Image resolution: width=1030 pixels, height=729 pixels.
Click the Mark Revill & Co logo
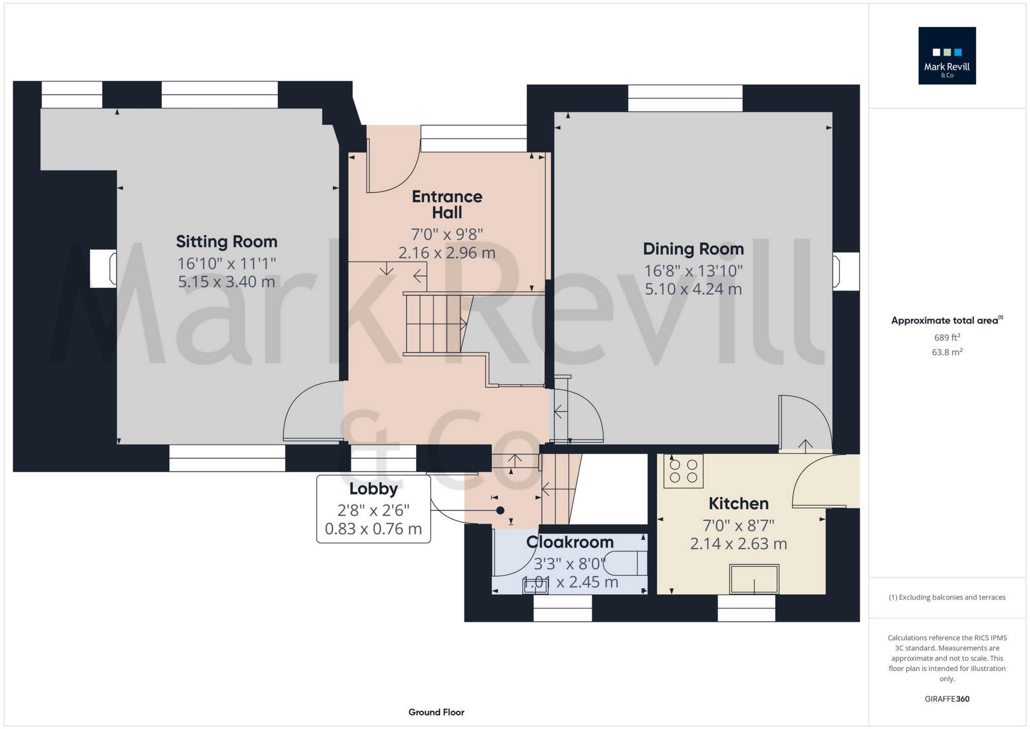click(x=947, y=55)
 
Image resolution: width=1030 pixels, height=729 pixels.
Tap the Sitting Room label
click(x=226, y=241)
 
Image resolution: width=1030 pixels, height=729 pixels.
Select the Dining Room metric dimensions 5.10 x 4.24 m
click(x=693, y=289)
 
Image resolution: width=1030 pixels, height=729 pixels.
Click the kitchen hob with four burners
click(x=683, y=471)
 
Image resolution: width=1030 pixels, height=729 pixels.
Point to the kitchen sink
click(x=754, y=579)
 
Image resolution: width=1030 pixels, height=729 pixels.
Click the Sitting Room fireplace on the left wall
click(x=103, y=268)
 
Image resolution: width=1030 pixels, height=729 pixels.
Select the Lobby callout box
click(x=373, y=509)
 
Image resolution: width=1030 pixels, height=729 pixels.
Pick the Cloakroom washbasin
click(x=535, y=587)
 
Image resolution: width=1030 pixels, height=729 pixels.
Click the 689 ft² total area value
click(x=947, y=337)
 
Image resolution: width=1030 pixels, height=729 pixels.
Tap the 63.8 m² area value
click(x=947, y=352)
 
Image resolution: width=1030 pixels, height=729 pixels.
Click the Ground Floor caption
click(x=436, y=712)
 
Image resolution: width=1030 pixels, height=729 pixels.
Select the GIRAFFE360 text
click(x=947, y=699)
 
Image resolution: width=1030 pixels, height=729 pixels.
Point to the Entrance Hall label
click(x=447, y=204)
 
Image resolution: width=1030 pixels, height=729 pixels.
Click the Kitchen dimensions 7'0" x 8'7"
click(x=738, y=525)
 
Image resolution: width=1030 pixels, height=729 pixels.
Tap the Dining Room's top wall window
click(x=685, y=98)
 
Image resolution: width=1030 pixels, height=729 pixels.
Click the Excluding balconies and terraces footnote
click(x=947, y=597)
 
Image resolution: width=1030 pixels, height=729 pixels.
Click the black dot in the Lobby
click(x=500, y=510)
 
